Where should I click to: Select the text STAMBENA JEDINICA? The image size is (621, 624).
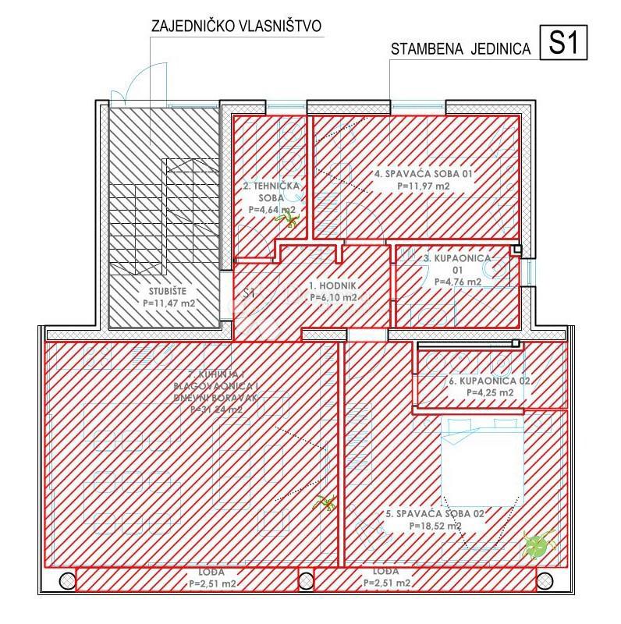pos(460,48)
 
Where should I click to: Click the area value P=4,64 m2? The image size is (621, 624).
pos(271,210)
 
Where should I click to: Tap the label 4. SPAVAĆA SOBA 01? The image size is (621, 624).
pos(424,174)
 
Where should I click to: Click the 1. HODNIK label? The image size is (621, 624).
pos(332,285)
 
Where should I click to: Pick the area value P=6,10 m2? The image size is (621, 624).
pos(333,297)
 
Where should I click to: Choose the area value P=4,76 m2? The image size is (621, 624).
pos(456,282)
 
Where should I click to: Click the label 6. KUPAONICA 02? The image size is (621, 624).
pos(489,381)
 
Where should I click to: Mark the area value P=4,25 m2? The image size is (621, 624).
pos(489,393)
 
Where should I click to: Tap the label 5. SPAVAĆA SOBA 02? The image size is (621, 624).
pos(435,514)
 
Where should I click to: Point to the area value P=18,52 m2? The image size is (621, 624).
pos(435,526)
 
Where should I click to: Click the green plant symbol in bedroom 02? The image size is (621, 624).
pos(538,543)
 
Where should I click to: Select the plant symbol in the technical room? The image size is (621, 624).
pos(286,222)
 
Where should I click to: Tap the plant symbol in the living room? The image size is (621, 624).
pos(325,502)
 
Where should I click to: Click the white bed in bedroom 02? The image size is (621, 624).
pos(481,460)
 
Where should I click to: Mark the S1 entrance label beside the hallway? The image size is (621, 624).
pos(250,294)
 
